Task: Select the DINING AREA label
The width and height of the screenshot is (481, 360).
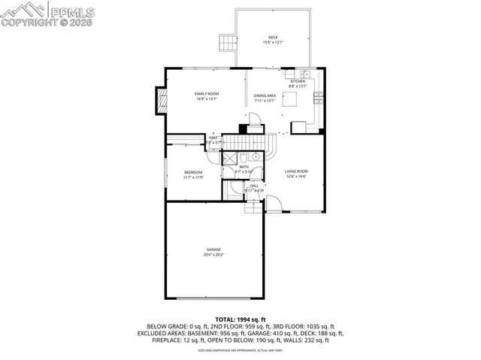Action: tap(265, 95)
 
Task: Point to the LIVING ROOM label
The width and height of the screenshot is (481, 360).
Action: tap(296, 172)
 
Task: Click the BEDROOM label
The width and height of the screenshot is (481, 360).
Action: tap(193, 173)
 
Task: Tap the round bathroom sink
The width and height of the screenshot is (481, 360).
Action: tap(256, 157)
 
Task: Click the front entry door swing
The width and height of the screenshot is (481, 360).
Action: tap(274, 202)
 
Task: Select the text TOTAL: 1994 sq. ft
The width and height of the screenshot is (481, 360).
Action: tap(240, 319)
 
